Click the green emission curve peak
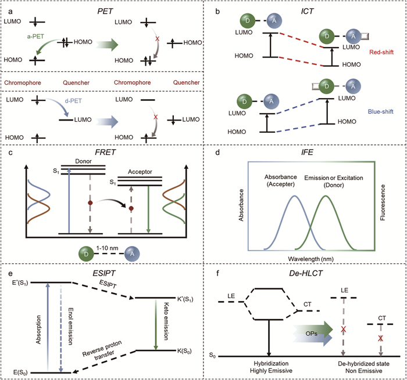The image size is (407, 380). (326, 197)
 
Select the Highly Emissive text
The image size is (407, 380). (270, 372)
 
